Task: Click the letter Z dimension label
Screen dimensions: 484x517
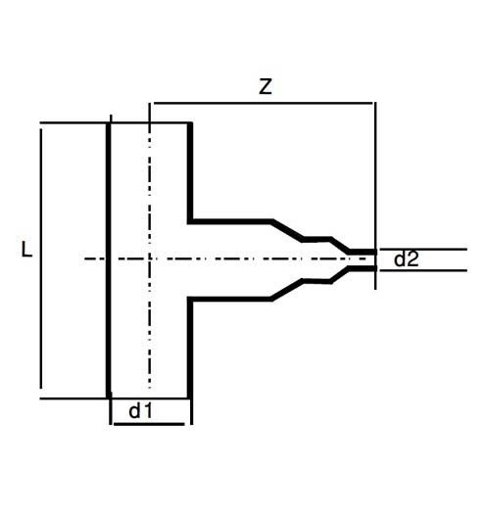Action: [266, 87]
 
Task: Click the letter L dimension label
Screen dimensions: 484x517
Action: [26, 250]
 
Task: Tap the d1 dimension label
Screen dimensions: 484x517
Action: [141, 411]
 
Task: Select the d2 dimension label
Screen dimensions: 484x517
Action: [407, 258]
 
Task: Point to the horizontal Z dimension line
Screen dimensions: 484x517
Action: [263, 103]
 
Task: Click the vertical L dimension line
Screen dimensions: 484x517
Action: [41, 258]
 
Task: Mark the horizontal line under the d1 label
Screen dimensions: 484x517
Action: [149, 424]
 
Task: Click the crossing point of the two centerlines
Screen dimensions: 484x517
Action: [150, 258]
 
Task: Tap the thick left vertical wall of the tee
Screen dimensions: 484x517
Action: [109, 260]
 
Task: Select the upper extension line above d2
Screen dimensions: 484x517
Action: [423, 250]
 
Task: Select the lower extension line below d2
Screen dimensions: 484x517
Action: [423, 270]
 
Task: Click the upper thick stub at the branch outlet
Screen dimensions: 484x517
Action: [363, 252]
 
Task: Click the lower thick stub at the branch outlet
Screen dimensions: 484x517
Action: [363, 268]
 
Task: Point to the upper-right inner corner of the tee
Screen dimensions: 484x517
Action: [190, 221]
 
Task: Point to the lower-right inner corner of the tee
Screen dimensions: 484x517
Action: [190, 299]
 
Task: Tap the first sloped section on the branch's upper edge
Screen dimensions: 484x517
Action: [287, 230]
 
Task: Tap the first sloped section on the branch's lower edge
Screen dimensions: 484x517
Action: [287, 290]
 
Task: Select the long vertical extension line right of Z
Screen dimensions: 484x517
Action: [375, 196]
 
